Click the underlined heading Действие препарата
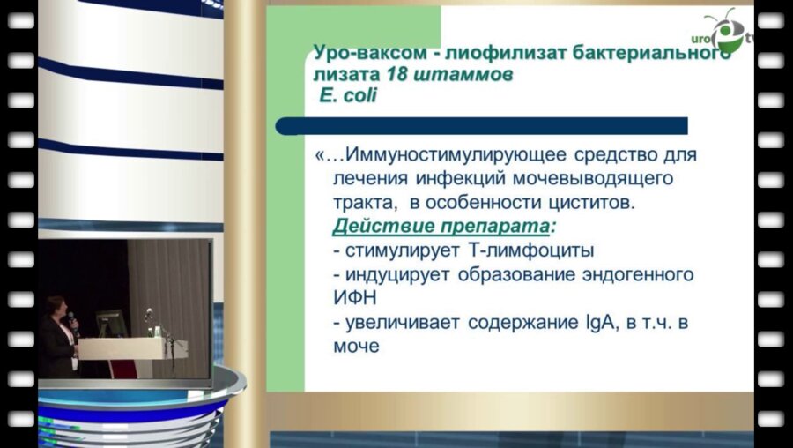pos(441,227)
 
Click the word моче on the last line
pos(355,347)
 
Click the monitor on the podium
pos(110,323)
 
